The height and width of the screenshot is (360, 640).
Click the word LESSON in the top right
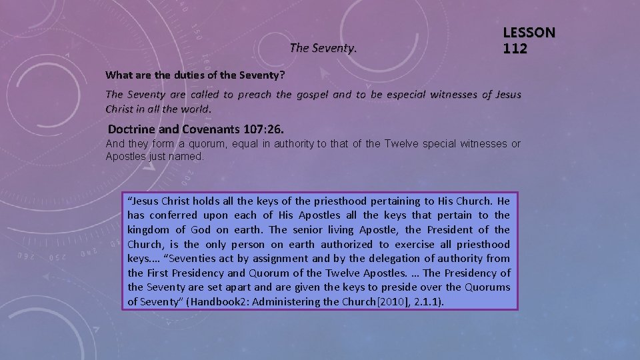[529, 32]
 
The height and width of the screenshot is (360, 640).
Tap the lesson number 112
[515, 48]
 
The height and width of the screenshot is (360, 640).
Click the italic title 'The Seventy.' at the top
[324, 48]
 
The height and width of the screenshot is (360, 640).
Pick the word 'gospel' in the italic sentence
[313, 95]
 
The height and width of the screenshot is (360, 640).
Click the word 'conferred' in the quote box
[173, 215]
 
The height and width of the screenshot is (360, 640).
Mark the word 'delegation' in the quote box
[382, 258]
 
